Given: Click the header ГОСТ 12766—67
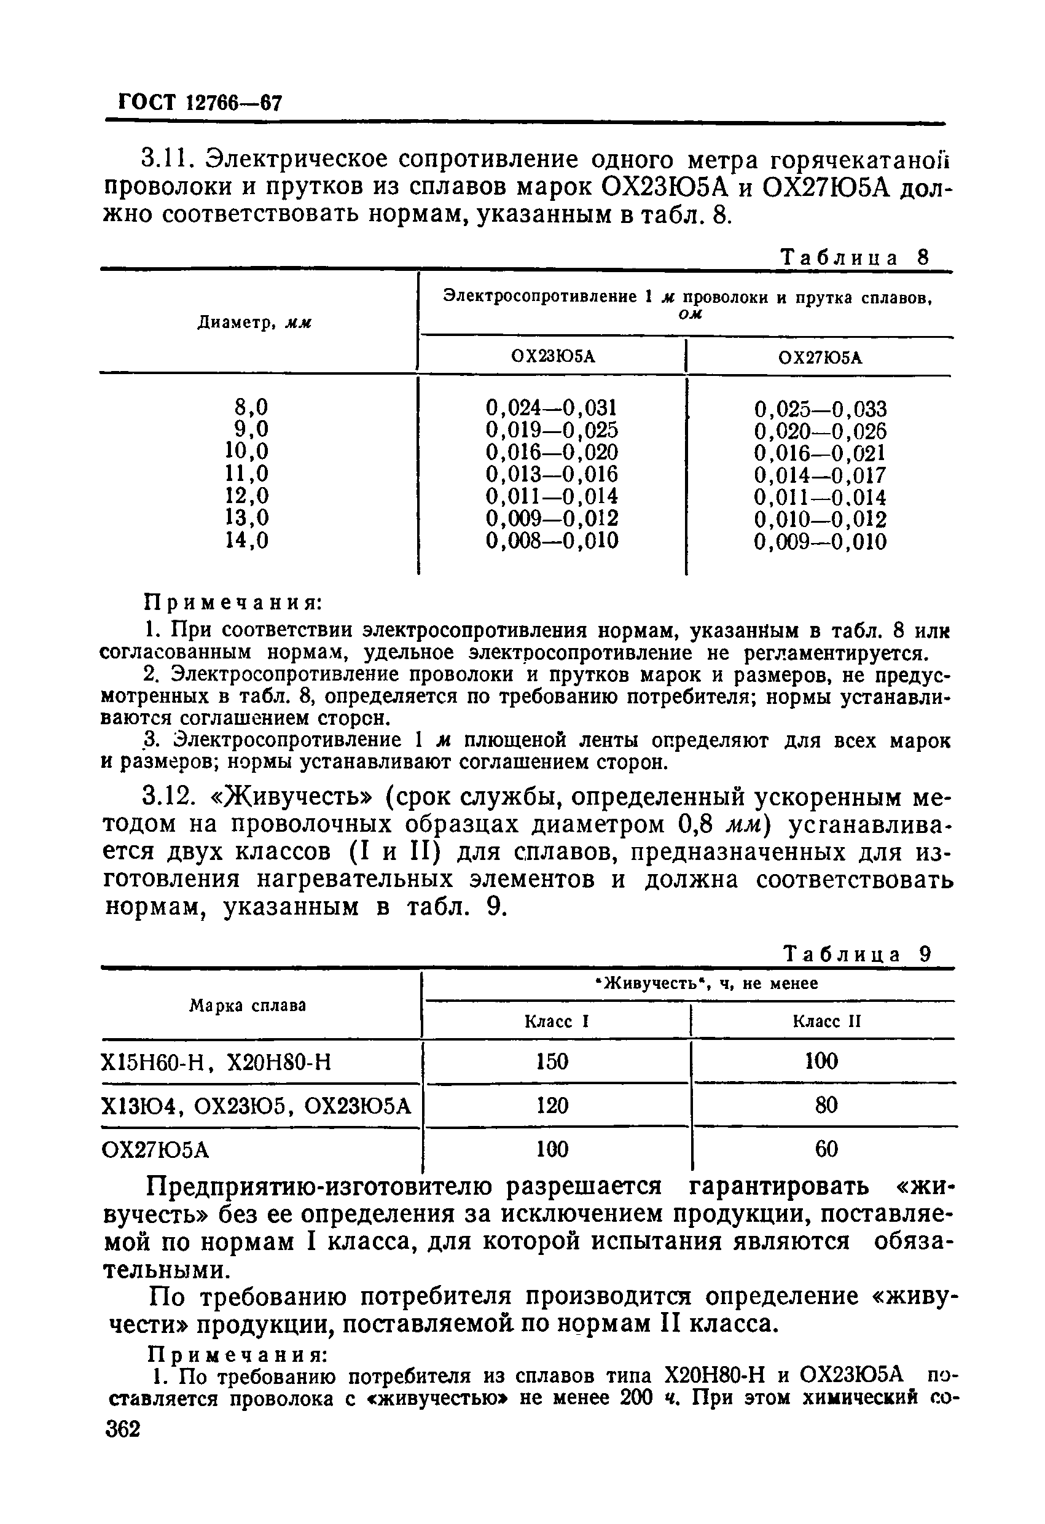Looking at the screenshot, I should click(x=200, y=103).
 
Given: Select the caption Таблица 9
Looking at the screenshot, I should click(x=858, y=954).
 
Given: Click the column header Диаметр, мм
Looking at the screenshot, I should click(x=254, y=322).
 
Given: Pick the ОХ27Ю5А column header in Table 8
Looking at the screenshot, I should click(x=820, y=358).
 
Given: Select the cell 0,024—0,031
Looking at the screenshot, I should click(x=552, y=408).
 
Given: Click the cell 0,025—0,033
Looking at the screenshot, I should click(x=820, y=410).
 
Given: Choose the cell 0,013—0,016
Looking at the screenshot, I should click(x=552, y=474).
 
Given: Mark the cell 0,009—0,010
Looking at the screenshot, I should click(x=820, y=542).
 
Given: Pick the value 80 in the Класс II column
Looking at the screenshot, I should click(x=826, y=1106).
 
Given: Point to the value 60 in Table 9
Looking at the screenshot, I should click(x=826, y=1149).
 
